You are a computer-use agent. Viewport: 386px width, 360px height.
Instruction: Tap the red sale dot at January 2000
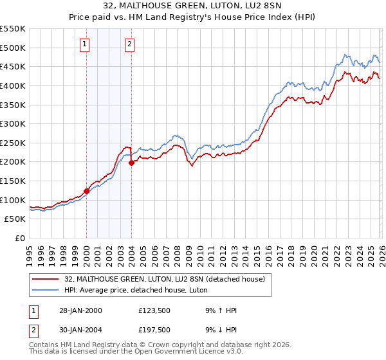pyautogui.click(x=86, y=191)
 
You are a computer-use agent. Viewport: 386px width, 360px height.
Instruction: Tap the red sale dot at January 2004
pyautogui.click(x=131, y=163)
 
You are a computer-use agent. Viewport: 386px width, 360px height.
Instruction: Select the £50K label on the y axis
pyautogui.click(x=16, y=219)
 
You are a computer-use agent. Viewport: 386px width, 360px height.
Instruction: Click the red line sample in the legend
pyautogui.click(x=46, y=279)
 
